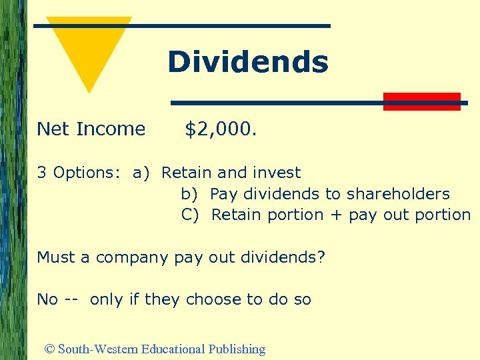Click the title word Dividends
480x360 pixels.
pyautogui.click(x=247, y=62)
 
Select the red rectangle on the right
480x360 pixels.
pyautogui.click(x=422, y=101)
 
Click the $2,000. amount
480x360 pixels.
pyautogui.click(x=221, y=129)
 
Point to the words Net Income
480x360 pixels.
pyautogui.click(x=91, y=129)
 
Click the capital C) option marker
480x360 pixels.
pyautogui.click(x=190, y=215)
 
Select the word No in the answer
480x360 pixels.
pyautogui.click(x=47, y=299)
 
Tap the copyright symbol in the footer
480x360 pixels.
pyautogui.click(x=49, y=349)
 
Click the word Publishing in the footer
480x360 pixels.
pyautogui.click(x=237, y=349)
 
